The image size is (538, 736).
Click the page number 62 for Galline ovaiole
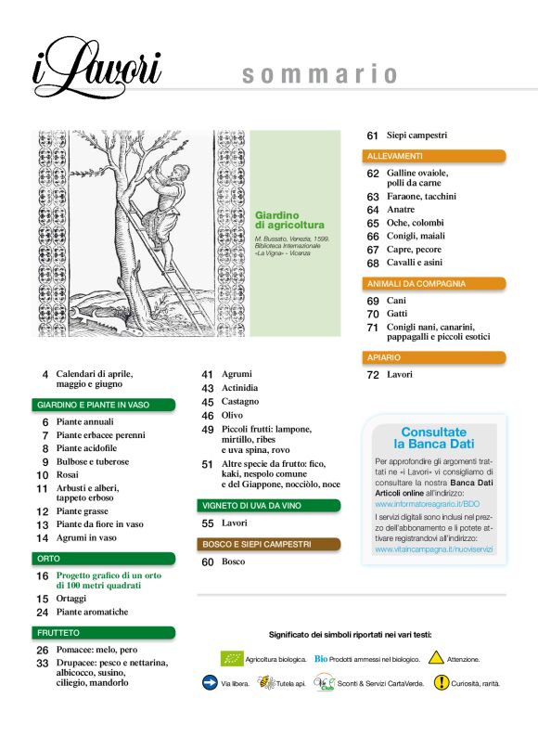coord(373,174)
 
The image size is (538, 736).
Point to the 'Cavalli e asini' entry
coord(418,263)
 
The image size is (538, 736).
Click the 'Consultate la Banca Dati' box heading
coord(434,438)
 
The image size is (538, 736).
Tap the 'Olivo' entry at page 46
coord(233,415)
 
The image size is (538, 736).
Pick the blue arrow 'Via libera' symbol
coord(210,682)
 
